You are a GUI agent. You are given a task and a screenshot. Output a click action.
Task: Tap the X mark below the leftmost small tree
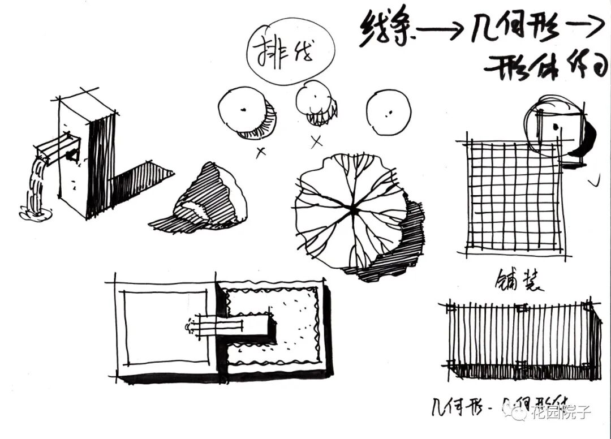261,152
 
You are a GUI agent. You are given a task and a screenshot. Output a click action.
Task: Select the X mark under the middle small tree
317,141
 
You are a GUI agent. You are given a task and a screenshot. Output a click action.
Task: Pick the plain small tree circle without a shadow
388,111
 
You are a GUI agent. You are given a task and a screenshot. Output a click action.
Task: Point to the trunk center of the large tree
354,210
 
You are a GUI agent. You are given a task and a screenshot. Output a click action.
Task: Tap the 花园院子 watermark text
560,414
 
